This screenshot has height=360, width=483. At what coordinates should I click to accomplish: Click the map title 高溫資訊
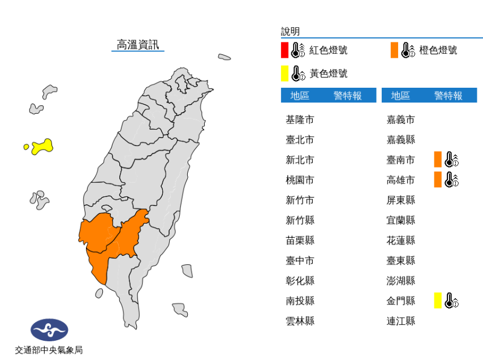tap(137, 45)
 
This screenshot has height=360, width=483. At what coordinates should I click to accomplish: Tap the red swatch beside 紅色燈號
tap(284, 50)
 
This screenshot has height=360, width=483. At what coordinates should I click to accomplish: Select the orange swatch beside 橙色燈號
tap(394, 50)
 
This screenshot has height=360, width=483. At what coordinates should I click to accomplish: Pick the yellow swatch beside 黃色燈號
tap(284, 74)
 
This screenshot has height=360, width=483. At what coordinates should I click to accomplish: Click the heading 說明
tap(290, 32)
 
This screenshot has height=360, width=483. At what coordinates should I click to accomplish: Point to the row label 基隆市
tap(300, 120)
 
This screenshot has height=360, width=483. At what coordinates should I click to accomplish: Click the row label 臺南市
tap(400, 160)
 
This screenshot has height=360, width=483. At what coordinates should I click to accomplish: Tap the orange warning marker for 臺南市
tap(438, 160)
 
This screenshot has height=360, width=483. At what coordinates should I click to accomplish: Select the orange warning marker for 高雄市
tap(438, 180)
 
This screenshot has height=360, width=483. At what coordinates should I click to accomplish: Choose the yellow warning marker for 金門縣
tap(438, 301)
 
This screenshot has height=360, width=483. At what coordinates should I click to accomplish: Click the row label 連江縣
tap(400, 321)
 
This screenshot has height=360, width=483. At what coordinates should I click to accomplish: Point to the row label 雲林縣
tap(300, 321)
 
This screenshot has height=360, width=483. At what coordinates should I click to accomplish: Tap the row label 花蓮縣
tap(400, 241)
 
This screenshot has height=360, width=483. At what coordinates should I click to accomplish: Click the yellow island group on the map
tap(42, 147)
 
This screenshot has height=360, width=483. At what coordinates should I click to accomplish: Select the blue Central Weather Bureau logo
tap(49, 329)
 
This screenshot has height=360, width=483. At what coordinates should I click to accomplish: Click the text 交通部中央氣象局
tap(49, 350)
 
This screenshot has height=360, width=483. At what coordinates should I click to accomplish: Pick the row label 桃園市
tap(300, 180)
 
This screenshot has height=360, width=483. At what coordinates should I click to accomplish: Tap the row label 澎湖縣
tap(400, 281)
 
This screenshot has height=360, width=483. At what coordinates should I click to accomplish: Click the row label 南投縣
tap(300, 301)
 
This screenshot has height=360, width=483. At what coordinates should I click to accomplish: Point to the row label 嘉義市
tap(400, 120)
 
